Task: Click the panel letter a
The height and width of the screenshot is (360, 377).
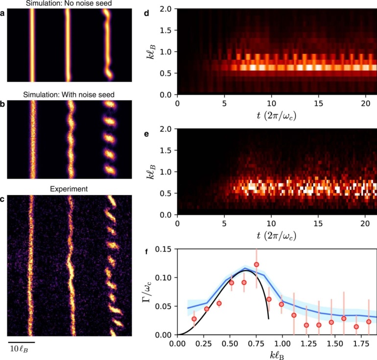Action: click(3, 13)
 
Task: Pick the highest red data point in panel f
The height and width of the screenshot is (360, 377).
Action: click(256, 264)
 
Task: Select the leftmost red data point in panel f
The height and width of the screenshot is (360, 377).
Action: click(194, 319)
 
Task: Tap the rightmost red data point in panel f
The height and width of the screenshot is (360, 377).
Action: click(369, 322)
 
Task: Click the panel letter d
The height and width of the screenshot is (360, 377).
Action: click(160, 13)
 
